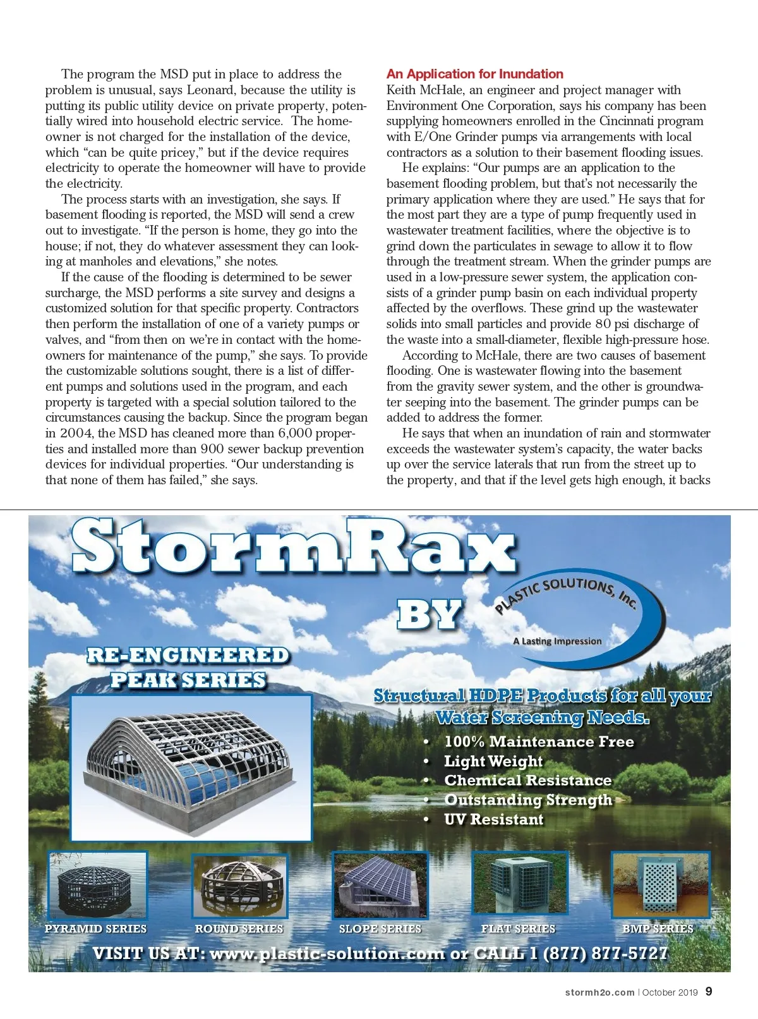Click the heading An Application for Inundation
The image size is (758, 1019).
point(474,74)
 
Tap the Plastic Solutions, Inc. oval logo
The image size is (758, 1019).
point(578,619)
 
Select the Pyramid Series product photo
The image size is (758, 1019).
point(97,885)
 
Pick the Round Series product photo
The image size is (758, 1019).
point(239,885)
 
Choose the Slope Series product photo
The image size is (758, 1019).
point(380,885)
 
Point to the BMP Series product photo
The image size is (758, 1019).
point(660,884)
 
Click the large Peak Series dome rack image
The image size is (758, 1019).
point(191,767)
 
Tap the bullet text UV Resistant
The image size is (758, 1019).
point(493,819)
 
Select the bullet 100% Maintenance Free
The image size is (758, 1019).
point(539,741)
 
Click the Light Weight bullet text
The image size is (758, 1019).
point(493,761)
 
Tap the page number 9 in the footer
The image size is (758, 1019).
point(709,991)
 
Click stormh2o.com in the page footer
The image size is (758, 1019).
point(599,992)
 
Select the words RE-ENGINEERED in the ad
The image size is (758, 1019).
point(188,656)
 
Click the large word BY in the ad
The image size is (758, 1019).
point(430,614)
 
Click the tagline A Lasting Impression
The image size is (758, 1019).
point(557,641)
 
